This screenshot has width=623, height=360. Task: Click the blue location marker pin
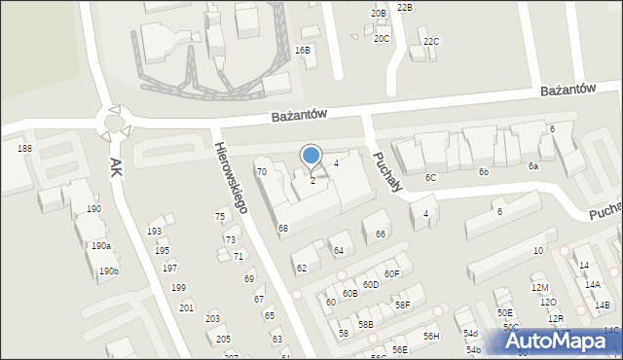(x=311, y=156)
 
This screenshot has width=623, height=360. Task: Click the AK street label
(x=116, y=166)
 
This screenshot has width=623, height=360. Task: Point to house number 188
(x=24, y=148)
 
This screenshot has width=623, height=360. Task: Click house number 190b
(x=108, y=270)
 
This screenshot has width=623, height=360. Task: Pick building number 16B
(x=303, y=50)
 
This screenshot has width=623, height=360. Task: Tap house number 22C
(x=431, y=41)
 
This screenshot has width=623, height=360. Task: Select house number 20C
(x=382, y=38)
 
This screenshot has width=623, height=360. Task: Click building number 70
(x=261, y=172)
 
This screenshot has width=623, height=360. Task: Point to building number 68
(x=282, y=229)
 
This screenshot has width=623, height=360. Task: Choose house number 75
(x=220, y=217)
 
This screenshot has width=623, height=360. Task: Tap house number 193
(x=154, y=231)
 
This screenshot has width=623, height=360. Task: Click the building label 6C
(x=430, y=178)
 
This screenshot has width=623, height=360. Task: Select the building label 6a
(x=533, y=166)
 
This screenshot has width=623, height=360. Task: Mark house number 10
(x=537, y=251)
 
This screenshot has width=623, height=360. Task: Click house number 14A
(x=592, y=284)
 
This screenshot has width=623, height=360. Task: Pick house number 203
(x=212, y=318)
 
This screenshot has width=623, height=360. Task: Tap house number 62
(x=302, y=268)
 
